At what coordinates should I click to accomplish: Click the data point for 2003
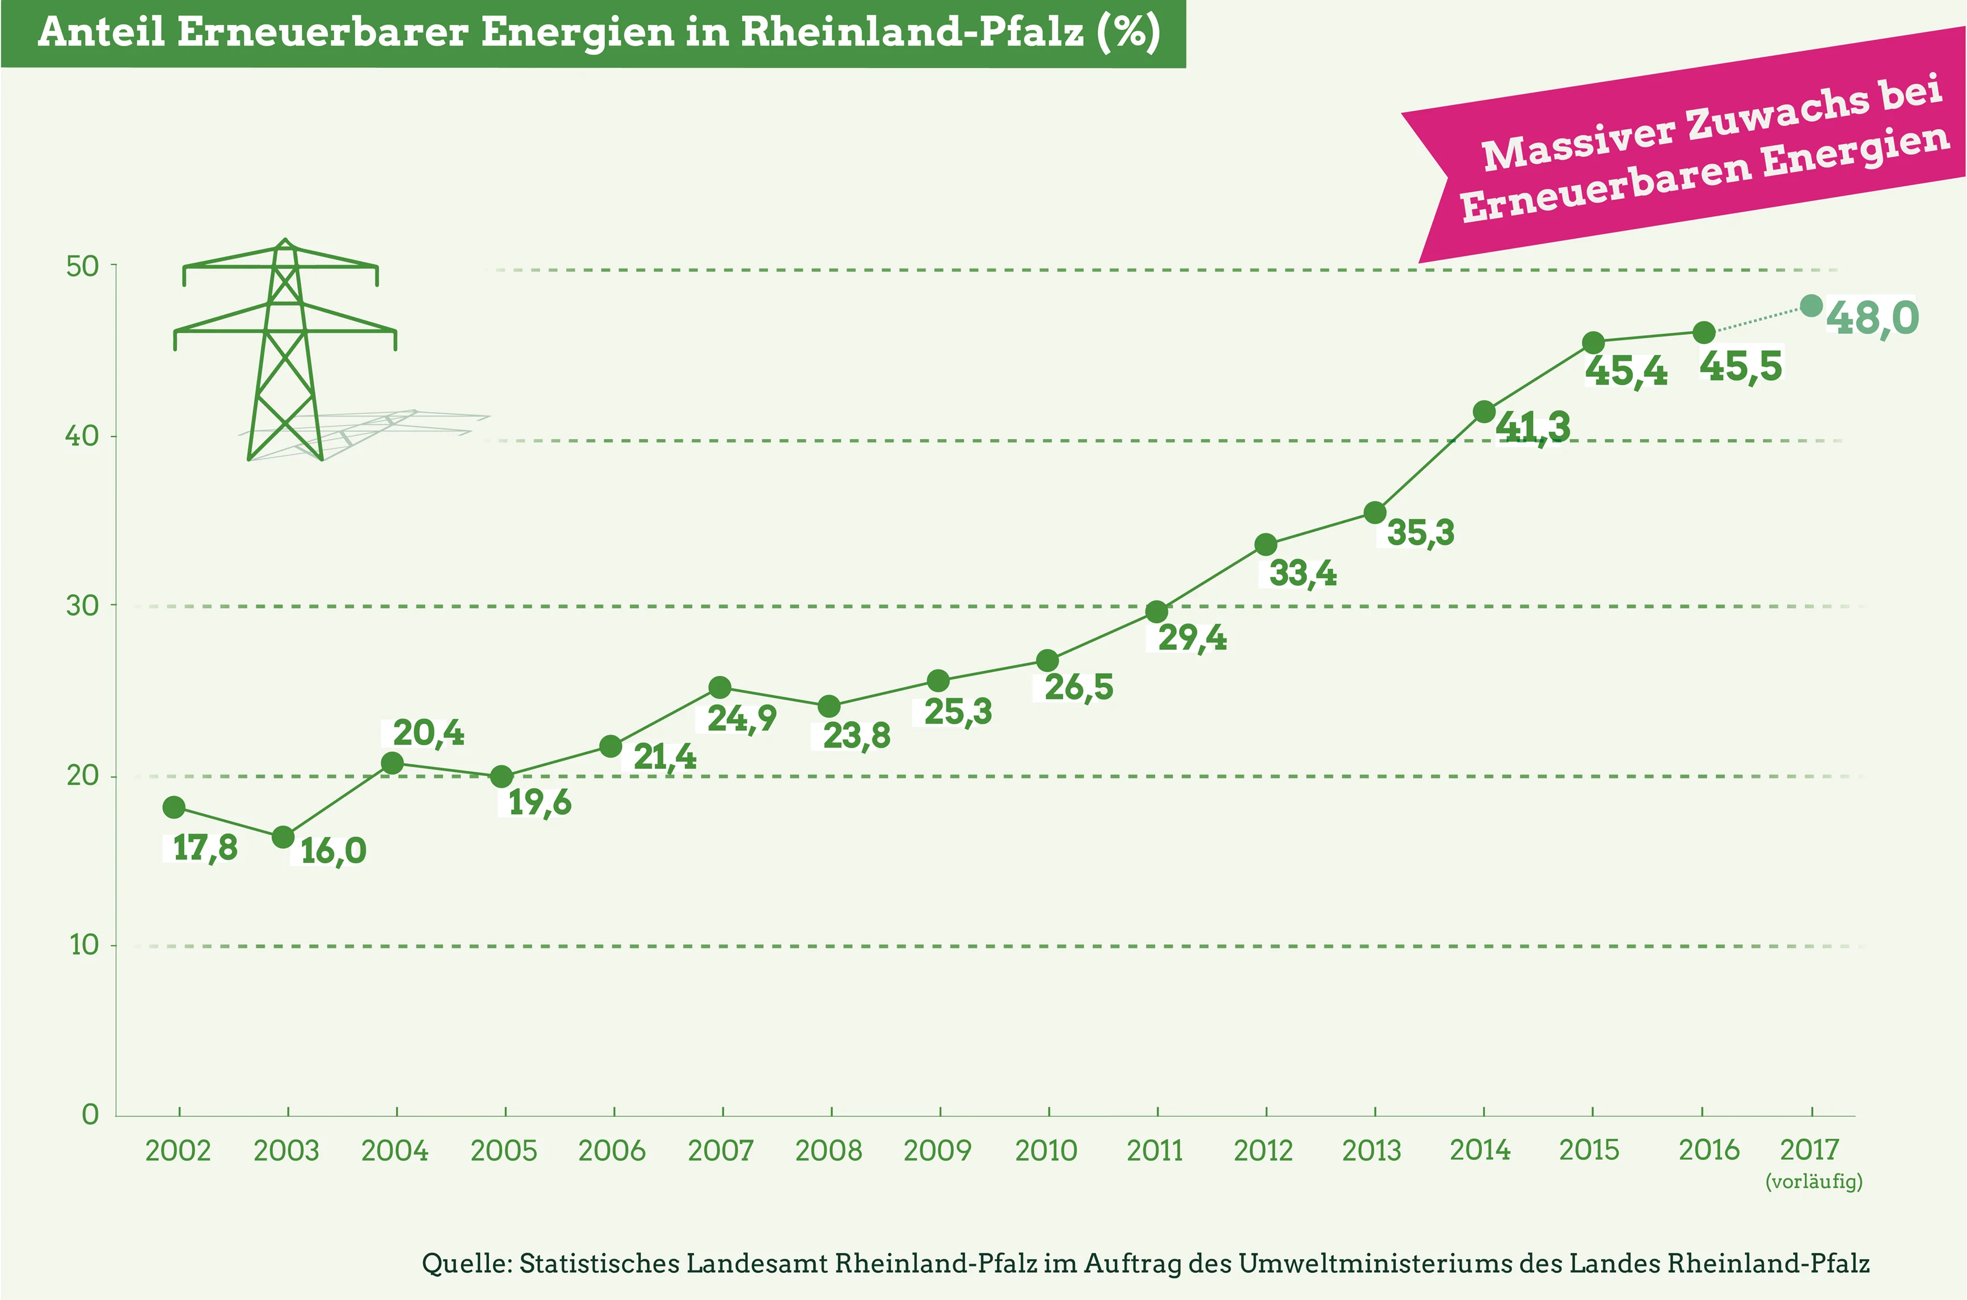(284, 838)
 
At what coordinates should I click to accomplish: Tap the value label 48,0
(1872, 318)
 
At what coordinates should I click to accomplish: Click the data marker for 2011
(1156, 612)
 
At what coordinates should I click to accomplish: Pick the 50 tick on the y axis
(82, 266)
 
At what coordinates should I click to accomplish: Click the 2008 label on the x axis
(829, 1150)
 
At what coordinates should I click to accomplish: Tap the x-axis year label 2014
(1480, 1150)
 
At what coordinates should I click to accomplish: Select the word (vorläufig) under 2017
(1814, 1181)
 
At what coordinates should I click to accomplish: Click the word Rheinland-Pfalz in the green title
(912, 32)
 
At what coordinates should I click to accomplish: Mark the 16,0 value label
(333, 851)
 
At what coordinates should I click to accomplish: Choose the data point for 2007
(721, 687)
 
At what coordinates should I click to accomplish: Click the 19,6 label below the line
(540, 802)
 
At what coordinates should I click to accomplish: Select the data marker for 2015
(1593, 342)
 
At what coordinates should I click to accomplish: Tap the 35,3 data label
(1420, 532)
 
